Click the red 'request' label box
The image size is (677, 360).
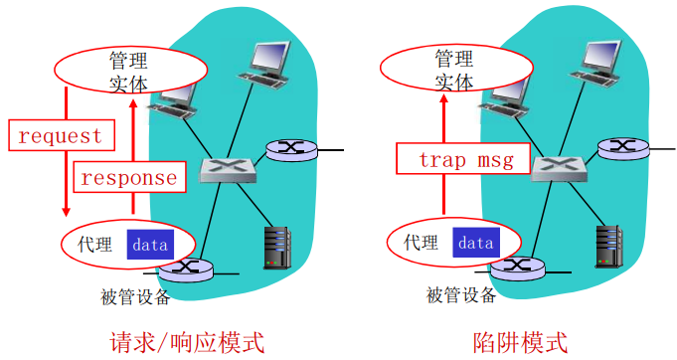pyautogui.click(x=61, y=135)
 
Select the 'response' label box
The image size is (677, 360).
pyautogui.click(x=128, y=178)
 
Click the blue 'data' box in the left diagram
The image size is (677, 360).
pyautogui.click(x=150, y=243)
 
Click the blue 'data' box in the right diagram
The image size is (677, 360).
pyautogui.click(x=475, y=243)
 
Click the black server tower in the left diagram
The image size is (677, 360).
pyautogui.click(x=276, y=247)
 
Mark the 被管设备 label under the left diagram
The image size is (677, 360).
pyautogui.click(x=135, y=295)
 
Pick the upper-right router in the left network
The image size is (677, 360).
pyautogui.click(x=290, y=150)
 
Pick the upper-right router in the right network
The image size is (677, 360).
pyautogui.click(x=621, y=150)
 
